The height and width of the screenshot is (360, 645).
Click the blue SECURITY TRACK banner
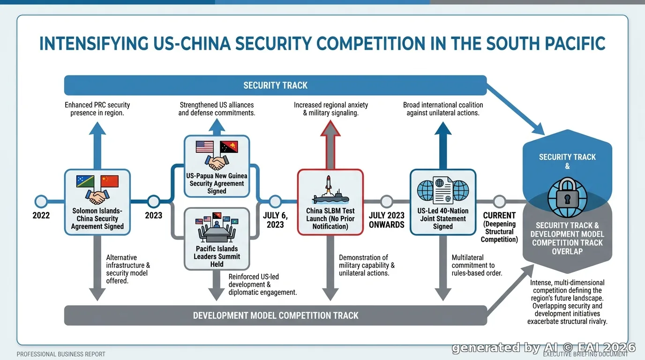(x=275, y=85)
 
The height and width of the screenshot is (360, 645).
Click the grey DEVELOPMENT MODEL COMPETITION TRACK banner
(x=275, y=315)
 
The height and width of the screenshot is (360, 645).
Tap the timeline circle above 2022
(x=41, y=201)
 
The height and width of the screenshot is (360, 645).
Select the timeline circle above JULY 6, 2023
(x=275, y=201)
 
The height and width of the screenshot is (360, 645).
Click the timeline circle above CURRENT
(x=499, y=201)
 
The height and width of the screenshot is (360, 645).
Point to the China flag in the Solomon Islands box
(x=109, y=181)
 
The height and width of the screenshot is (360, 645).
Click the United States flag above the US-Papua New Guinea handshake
(x=205, y=147)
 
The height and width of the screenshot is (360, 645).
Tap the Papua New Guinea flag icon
(x=229, y=147)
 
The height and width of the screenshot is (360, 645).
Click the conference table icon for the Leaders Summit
(x=217, y=228)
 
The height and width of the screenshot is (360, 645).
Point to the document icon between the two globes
(x=443, y=190)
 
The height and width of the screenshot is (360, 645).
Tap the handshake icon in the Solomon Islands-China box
(x=97, y=197)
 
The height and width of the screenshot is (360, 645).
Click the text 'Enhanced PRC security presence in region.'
(x=97, y=109)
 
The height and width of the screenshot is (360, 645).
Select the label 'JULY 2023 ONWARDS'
(x=386, y=220)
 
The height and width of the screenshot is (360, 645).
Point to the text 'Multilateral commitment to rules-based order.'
(x=477, y=265)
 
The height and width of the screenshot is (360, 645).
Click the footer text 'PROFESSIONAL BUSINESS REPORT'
(x=61, y=354)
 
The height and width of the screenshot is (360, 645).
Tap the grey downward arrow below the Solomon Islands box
(x=97, y=268)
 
